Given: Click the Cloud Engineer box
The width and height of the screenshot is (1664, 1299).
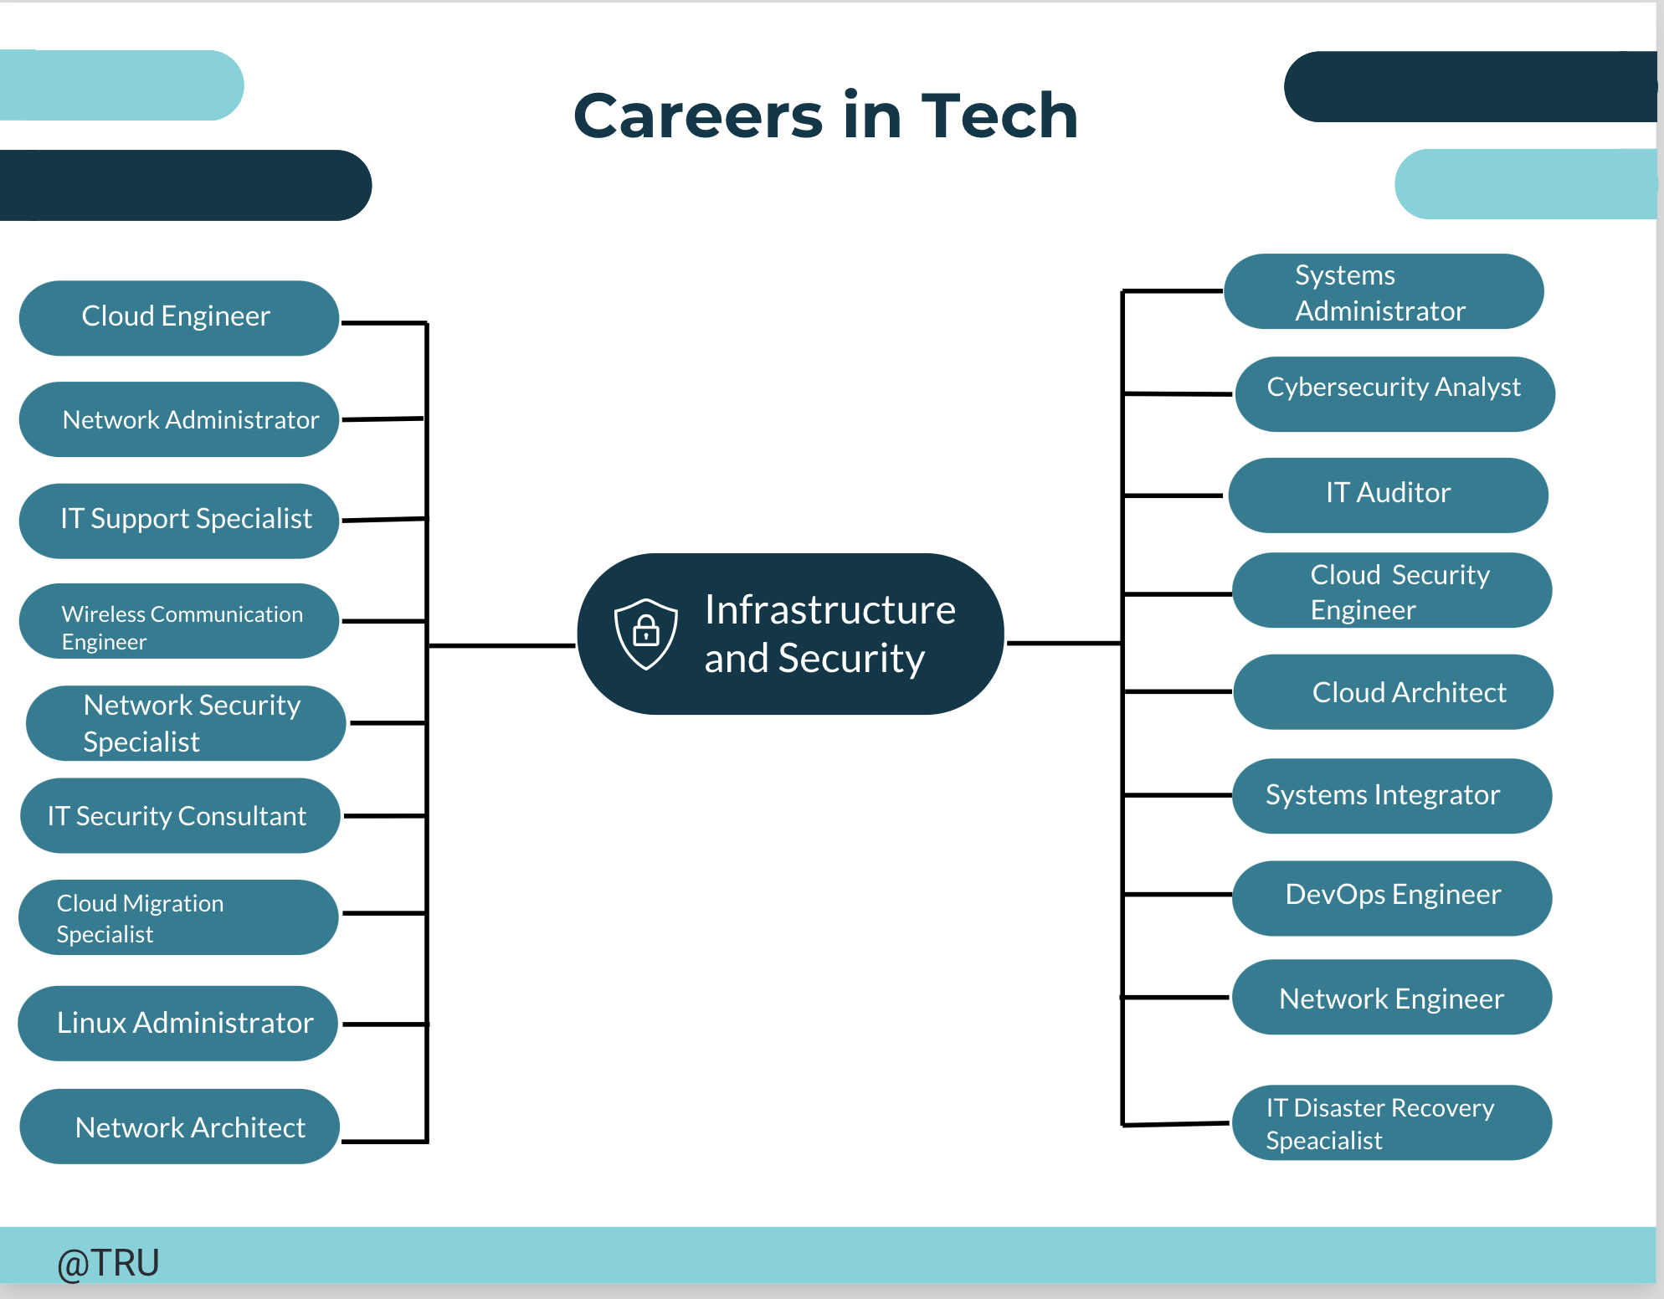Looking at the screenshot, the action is pos(179,318).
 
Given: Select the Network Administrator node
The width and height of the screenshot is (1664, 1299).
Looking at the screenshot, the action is pos(179,419).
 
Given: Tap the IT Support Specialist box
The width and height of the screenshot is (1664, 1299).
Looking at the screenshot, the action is pos(179,521).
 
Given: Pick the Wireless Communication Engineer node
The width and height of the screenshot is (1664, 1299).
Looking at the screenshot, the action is pos(179,621).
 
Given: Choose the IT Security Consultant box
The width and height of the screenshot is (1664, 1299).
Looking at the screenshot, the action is pos(180,815).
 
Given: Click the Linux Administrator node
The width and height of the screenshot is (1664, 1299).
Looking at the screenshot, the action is pos(177,1023).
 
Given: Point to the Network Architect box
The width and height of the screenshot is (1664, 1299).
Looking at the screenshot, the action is pos(179,1127).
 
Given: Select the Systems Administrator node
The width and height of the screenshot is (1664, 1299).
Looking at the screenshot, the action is pos(1384,291).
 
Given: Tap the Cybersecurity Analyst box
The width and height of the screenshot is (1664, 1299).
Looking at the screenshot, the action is pos(1394,394).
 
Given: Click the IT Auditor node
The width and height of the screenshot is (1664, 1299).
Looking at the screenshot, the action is pos(1389,495).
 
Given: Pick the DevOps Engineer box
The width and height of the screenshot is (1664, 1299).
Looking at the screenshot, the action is pos(1392,898).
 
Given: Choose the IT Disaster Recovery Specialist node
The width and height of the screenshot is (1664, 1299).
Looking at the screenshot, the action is pos(1392,1122).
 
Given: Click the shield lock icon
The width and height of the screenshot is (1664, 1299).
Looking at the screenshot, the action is pos(645,634).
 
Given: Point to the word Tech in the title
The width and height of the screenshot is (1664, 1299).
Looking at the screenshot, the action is pos(999,116).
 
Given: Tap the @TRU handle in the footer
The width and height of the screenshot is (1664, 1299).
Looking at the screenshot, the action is pos(108,1263).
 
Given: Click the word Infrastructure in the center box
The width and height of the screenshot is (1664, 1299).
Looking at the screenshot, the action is pos(829,609).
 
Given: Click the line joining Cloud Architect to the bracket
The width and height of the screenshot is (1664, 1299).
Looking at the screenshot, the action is pos(1178,692).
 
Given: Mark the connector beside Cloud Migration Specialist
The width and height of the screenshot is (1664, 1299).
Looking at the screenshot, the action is pos(384,913).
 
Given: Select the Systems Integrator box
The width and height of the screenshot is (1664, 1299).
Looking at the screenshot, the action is pos(1392,796).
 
